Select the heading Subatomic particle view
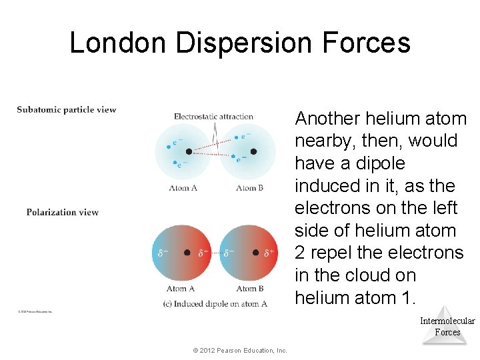(67, 110)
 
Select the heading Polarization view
(63, 213)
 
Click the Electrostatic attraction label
(213, 117)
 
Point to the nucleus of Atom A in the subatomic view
(189, 151)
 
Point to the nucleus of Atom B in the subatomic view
(253, 151)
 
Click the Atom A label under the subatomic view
(183, 188)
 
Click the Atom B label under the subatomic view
(249, 188)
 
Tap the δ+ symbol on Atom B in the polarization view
(269, 253)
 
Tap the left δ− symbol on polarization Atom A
(162, 253)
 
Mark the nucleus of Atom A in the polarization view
(187, 253)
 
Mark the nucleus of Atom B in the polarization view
(255, 253)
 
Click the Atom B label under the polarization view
(249, 289)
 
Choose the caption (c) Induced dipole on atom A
(215, 303)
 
